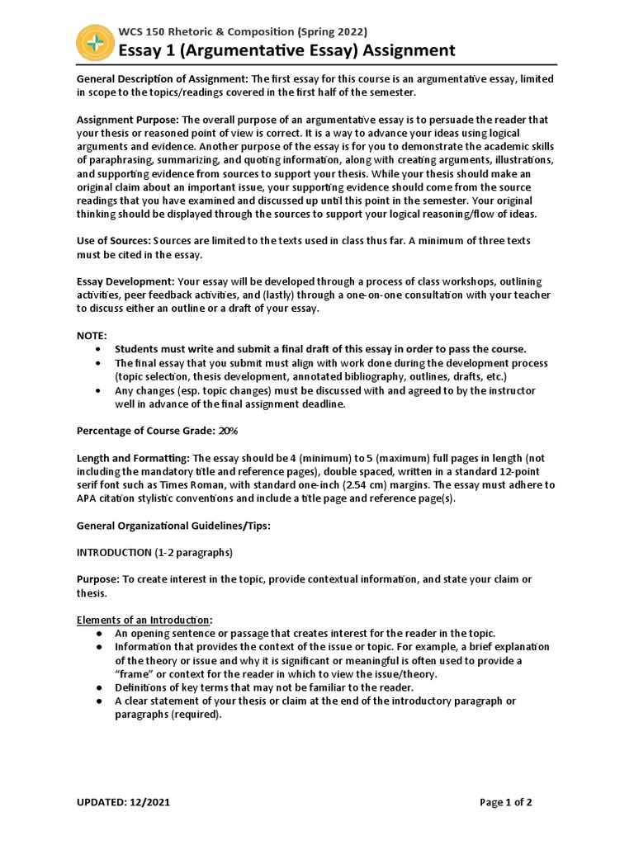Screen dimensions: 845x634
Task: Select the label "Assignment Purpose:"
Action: click(127, 120)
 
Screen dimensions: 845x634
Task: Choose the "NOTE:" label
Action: click(92, 336)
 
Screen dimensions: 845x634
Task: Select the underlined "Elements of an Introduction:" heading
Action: click(144, 620)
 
